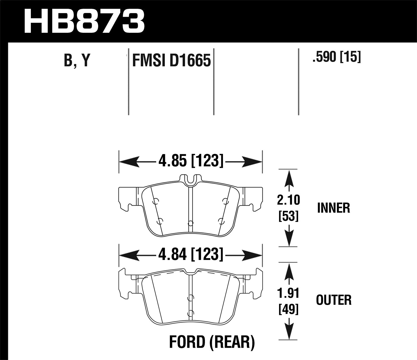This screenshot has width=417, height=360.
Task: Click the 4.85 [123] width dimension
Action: (x=191, y=161)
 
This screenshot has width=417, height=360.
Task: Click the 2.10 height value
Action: (x=289, y=200)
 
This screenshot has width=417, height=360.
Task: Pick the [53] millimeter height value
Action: (x=289, y=216)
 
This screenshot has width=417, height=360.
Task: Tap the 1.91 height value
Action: (x=289, y=293)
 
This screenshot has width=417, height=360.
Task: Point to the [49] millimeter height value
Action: (x=289, y=309)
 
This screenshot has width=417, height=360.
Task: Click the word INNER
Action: (x=333, y=208)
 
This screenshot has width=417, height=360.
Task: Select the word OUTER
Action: (x=334, y=300)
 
